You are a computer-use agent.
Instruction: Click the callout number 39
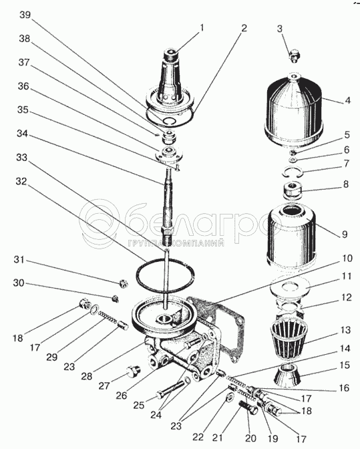[x=25, y=15]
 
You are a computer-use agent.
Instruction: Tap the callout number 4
[x=347, y=100]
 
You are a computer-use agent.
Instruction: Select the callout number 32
[x=21, y=182]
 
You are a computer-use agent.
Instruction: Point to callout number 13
[x=346, y=330]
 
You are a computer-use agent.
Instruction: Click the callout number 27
[x=104, y=386]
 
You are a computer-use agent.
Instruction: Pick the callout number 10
[x=347, y=259]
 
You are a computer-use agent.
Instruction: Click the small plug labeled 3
[x=294, y=56]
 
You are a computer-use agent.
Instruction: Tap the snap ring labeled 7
[x=291, y=173]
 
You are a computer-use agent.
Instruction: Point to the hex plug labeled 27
[x=133, y=371]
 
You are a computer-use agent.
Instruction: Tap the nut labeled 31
[x=124, y=283]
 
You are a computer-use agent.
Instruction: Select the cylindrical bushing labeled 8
[x=292, y=190]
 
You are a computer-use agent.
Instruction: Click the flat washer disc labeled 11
[x=290, y=287]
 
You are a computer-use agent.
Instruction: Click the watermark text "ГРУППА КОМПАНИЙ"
[x=176, y=243]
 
